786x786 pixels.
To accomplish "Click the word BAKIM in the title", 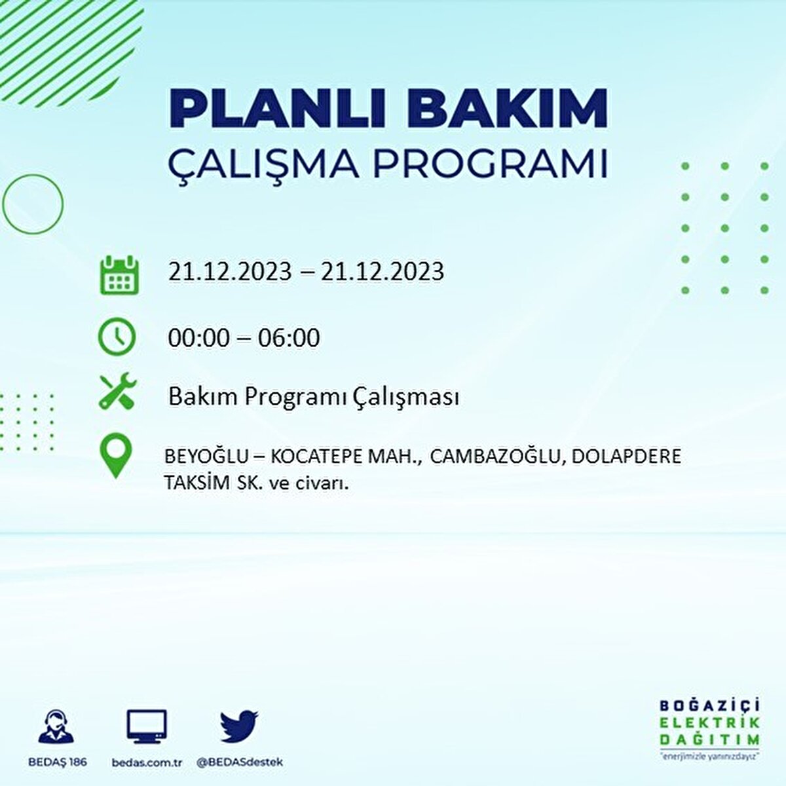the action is click(x=506, y=108).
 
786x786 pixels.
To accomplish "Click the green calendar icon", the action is click(x=119, y=274).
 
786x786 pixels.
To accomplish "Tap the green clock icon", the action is click(x=117, y=337).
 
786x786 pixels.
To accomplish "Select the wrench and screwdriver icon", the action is click(x=118, y=390).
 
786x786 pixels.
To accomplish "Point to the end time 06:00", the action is click(x=289, y=338).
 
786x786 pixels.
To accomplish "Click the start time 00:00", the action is click(x=198, y=338).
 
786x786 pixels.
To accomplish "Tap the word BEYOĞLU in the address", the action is click(x=206, y=457).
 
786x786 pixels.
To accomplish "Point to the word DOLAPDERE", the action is click(x=626, y=457).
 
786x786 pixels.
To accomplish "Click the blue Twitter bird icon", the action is click(x=240, y=726).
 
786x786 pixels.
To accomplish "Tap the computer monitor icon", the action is click(x=147, y=727).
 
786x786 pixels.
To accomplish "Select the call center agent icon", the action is click(x=56, y=726).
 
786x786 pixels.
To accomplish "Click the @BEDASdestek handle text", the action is click(x=240, y=762).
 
